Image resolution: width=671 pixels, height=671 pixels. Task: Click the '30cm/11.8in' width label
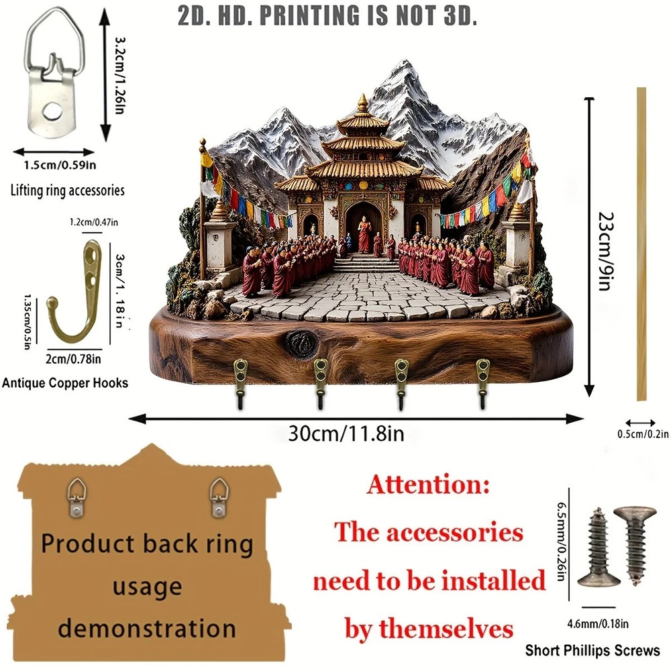(346, 433)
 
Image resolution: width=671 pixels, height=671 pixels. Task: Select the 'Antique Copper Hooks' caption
(65, 382)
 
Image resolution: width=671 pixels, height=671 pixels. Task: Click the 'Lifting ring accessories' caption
(68, 191)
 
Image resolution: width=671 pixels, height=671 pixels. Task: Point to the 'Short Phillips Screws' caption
(592, 650)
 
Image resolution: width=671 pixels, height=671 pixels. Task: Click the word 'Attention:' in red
(428, 485)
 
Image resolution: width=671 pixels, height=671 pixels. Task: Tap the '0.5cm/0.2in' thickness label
(642, 434)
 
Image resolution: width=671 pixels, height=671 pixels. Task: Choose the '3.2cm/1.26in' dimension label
(119, 76)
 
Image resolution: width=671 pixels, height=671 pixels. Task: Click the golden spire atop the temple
(362, 103)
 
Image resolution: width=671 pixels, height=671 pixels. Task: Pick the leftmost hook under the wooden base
(240, 383)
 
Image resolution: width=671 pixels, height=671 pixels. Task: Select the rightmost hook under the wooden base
(482, 383)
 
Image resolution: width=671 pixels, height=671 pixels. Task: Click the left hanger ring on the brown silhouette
(76, 497)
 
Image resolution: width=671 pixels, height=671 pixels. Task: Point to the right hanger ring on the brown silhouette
(219, 497)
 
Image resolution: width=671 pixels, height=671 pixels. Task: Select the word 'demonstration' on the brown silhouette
(147, 628)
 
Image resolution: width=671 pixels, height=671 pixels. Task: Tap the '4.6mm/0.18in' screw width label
(598, 624)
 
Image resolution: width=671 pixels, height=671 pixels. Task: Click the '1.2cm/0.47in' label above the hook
(94, 222)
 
